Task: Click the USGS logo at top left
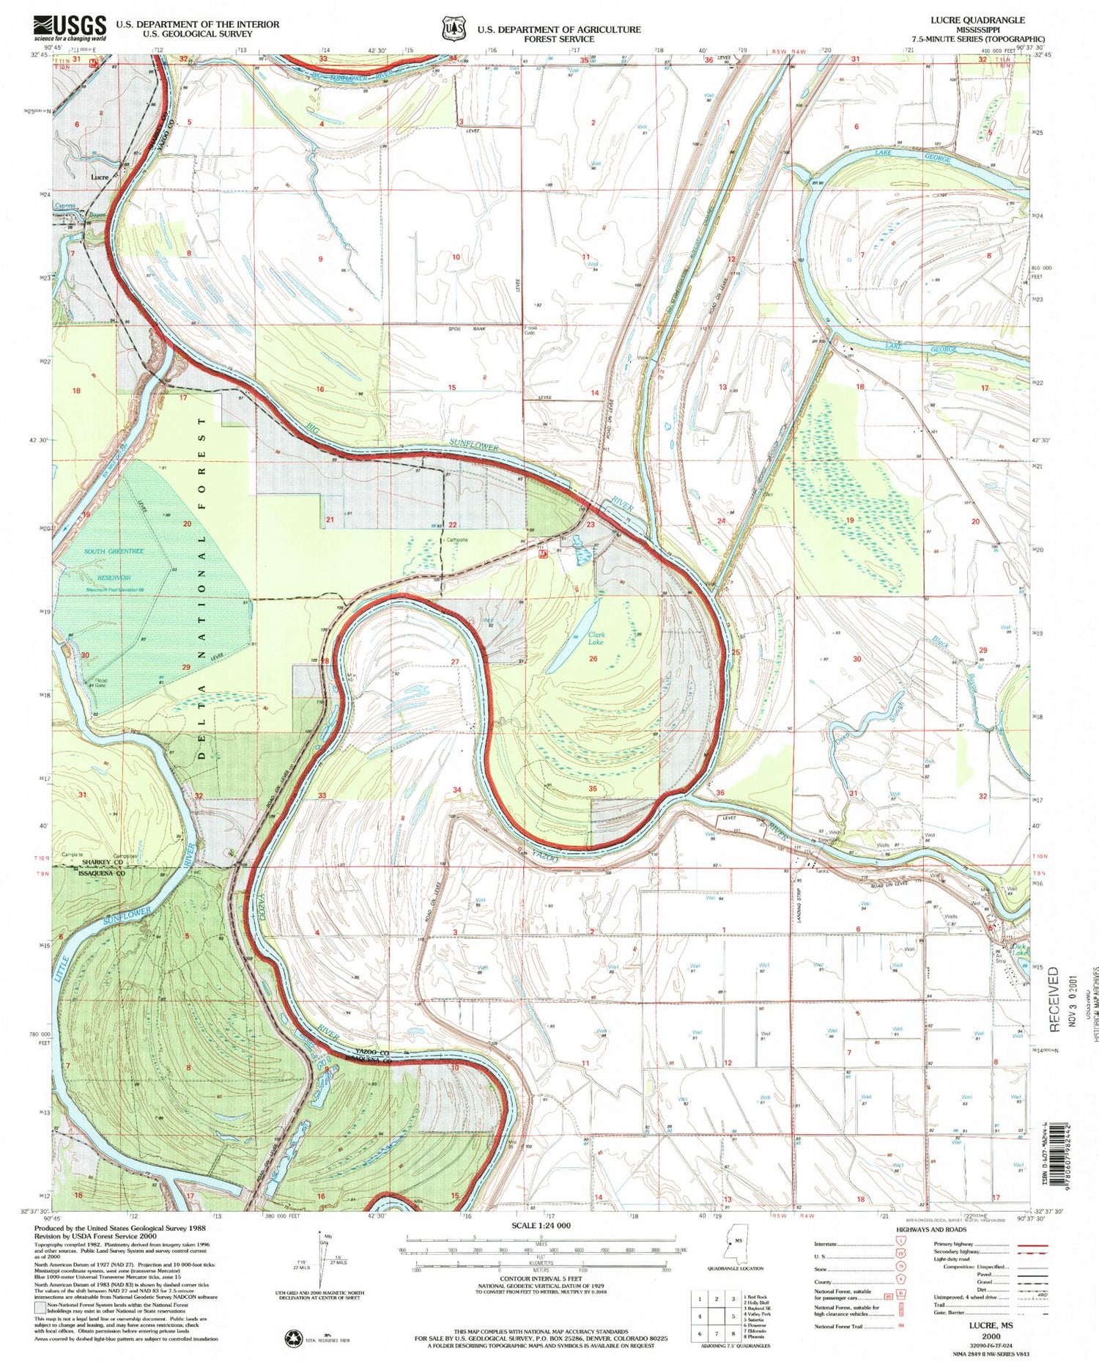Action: coord(70,29)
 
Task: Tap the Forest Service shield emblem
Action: coord(449,29)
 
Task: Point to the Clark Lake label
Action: coord(596,638)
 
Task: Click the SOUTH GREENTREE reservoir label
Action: coord(114,551)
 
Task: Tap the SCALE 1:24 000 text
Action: coord(541,1226)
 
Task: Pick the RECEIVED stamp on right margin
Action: coord(1053,998)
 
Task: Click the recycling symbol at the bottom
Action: coord(295,1339)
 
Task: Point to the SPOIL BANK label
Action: coord(466,329)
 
